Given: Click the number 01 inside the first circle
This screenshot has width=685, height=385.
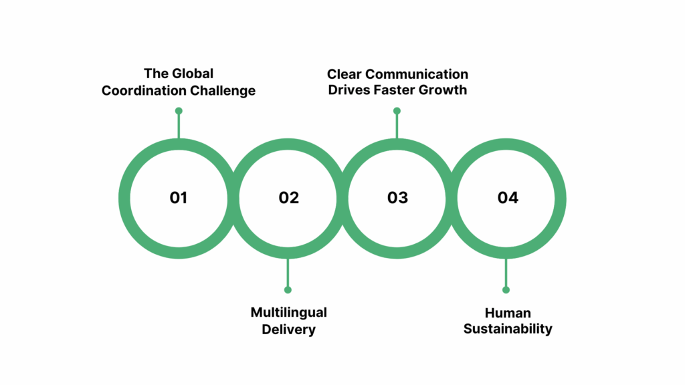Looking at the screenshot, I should tap(178, 198).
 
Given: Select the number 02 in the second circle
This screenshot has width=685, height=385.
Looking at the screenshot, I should tap(288, 198).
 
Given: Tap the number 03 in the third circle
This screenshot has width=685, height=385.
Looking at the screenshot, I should tap(397, 198).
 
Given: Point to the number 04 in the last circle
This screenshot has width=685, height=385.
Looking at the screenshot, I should tap(508, 198).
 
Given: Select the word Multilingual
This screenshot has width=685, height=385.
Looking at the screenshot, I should tap(288, 313).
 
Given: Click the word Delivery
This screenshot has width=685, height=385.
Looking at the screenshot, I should tap(288, 330).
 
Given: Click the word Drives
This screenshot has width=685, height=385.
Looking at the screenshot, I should tap(348, 90).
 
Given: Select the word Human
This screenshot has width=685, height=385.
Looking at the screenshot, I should tap(508, 313).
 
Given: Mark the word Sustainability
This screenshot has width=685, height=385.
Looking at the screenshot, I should tap(508, 330).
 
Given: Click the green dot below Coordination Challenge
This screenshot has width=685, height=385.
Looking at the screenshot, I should tap(179, 111).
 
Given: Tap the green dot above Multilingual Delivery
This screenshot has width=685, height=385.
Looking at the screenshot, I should tap(288, 289).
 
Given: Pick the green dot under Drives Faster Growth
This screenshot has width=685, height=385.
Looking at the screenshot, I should tap(397, 111).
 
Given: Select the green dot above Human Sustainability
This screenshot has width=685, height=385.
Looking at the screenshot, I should tap(506, 289).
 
